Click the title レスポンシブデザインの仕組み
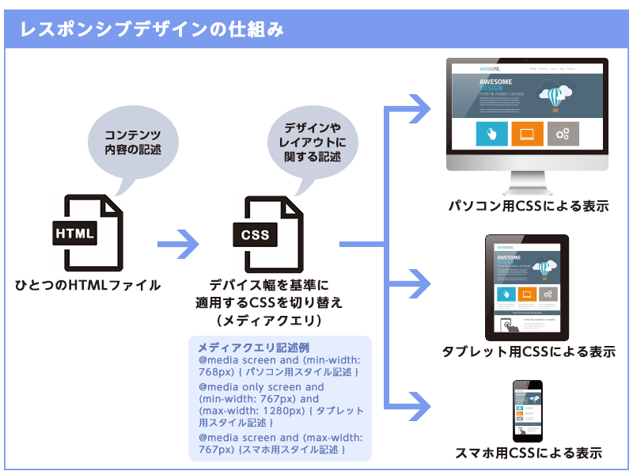pyautogui.click(x=151, y=30)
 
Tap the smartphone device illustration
pyautogui.click(x=527, y=411)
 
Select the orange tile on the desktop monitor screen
pyautogui.click(x=527, y=134)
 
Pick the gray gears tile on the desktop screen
pyautogui.click(x=563, y=134)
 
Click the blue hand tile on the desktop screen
pyautogui.click(x=491, y=134)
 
